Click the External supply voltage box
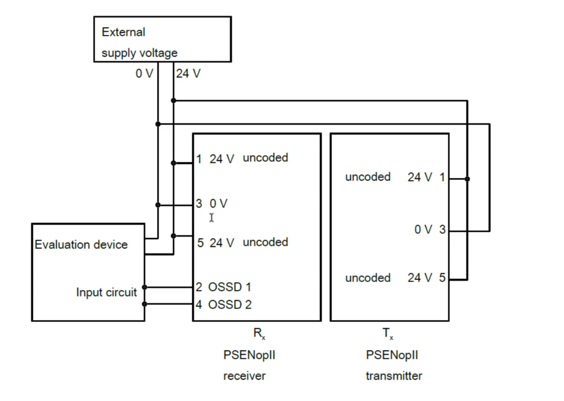click(x=162, y=39)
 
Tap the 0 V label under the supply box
click(x=144, y=73)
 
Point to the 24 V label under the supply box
click(x=188, y=73)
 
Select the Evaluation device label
click(x=81, y=245)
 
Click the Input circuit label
click(x=106, y=293)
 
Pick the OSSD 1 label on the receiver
click(x=230, y=287)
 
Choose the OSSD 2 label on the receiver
click(x=230, y=304)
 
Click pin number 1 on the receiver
click(x=199, y=160)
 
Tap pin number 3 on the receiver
click(x=199, y=204)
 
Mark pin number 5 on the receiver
click(x=200, y=243)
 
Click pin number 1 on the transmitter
click(x=442, y=177)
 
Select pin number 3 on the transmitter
click(x=442, y=230)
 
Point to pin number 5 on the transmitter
click(x=442, y=278)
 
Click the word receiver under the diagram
click(x=244, y=376)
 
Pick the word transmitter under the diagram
click(x=394, y=376)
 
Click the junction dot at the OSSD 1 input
click(x=145, y=287)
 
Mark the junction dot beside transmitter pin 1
click(x=467, y=179)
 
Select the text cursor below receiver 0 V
click(x=211, y=218)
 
